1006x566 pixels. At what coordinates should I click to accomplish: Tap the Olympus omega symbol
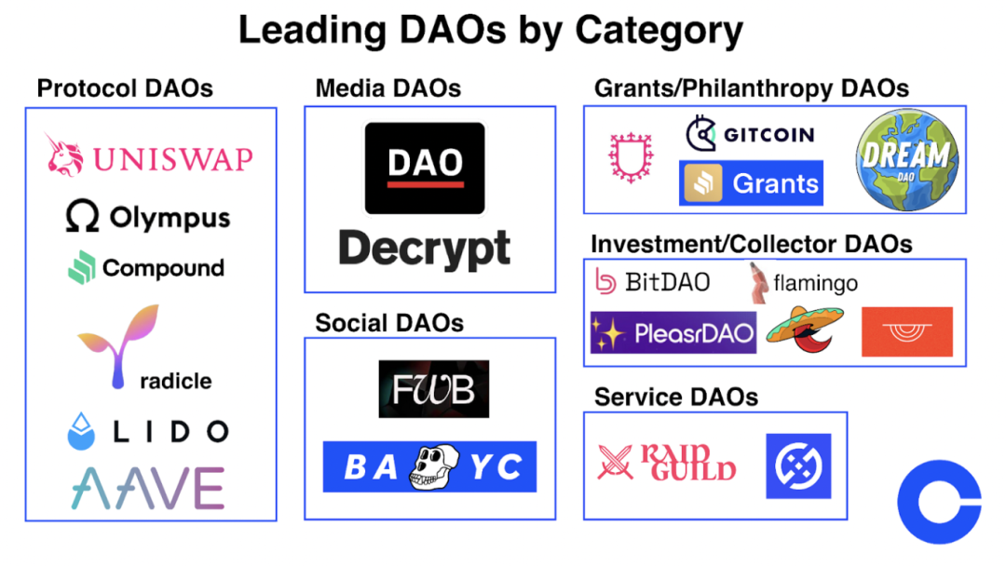[x=82, y=215]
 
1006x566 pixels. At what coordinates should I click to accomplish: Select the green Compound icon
[x=81, y=266]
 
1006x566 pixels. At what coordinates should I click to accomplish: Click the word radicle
[x=175, y=381]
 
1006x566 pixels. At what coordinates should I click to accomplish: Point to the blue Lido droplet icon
[x=81, y=431]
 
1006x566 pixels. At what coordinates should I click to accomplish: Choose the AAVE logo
[x=147, y=488]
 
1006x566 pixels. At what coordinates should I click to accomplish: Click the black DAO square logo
[x=425, y=168]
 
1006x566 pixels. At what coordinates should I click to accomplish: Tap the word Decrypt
[x=424, y=249]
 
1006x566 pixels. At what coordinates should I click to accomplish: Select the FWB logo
[x=434, y=389]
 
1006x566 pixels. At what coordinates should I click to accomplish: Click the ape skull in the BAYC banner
[x=434, y=466]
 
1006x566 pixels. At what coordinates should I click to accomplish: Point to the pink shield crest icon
[x=631, y=157]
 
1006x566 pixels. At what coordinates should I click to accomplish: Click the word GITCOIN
[x=768, y=135]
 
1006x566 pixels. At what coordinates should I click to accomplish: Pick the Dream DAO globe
[x=906, y=159]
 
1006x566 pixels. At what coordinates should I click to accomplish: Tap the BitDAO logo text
[x=667, y=282]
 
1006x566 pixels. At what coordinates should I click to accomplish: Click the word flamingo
[x=815, y=283]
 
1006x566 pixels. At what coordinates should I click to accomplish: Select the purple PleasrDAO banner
[x=673, y=332]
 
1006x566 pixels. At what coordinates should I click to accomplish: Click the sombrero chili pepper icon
[x=805, y=330]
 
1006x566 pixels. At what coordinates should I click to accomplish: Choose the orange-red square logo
[x=907, y=331]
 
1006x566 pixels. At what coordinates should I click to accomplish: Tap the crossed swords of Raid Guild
[x=615, y=462]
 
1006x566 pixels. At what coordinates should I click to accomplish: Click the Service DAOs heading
[x=676, y=397]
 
